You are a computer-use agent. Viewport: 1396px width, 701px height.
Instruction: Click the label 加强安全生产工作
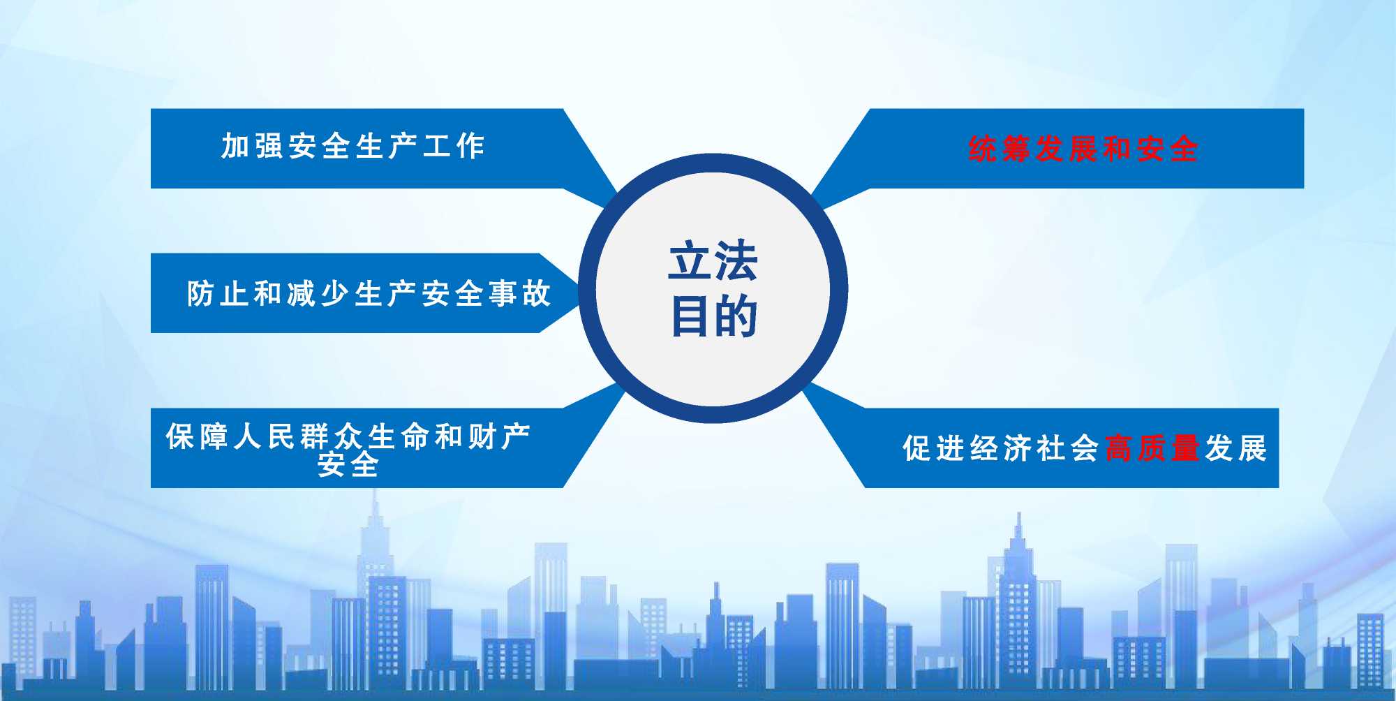pyautogui.click(x=352, y=146)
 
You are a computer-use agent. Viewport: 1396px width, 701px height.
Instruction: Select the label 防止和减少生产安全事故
pyautogui.click(x=369, y=293)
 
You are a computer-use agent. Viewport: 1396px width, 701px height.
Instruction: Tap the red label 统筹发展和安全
pyautogui.click(x=1083, y=149)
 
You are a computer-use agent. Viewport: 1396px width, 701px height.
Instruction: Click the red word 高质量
pyautogui.click(x=1152, y=448)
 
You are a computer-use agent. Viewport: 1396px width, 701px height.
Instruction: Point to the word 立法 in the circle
pyautogui.click(x=713, y=261)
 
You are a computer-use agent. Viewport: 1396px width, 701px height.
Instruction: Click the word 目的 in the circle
pyautogui.click(x=713, y=316)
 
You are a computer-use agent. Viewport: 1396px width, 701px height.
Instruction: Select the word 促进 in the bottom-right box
pyautogui.click(x=934, y=448)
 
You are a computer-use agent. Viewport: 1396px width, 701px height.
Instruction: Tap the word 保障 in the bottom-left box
pyautogui.click(x=197, y=437)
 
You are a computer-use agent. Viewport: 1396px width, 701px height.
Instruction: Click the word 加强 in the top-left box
pyautogui.click(x=252, y=146)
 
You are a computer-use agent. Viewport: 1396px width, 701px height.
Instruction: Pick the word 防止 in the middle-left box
pyautogui.click(x=218, y=293)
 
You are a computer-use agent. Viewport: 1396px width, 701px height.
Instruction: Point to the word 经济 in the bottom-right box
pyautogui.click(x=1002, y=448)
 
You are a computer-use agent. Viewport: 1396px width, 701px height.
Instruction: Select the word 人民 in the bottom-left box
pyautogui.click(x=264, y=437)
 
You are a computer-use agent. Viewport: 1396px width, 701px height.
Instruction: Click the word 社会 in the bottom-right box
pyautogui.click(x=1069, y=448)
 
